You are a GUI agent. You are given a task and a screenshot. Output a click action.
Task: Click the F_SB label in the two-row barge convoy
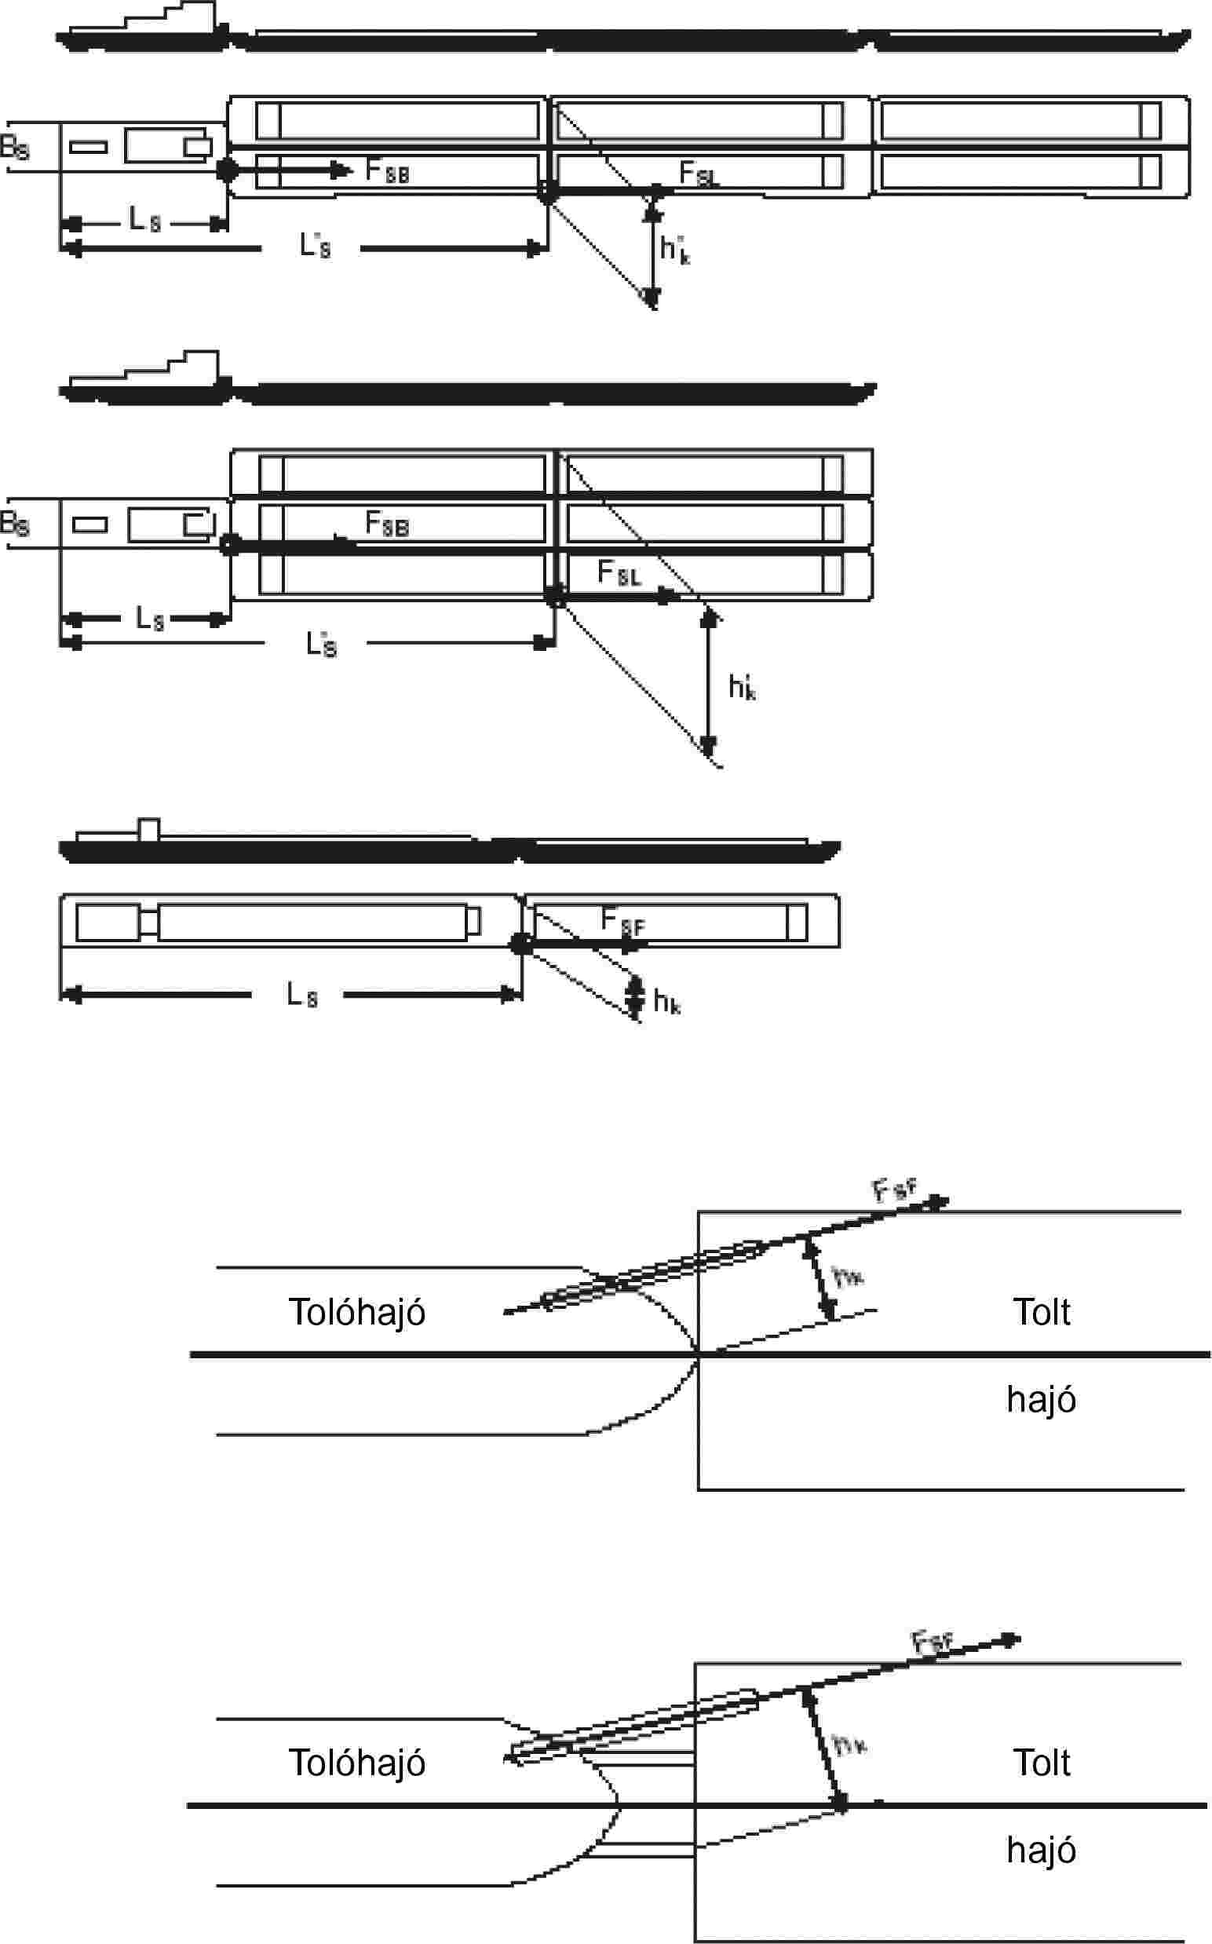point(387,170)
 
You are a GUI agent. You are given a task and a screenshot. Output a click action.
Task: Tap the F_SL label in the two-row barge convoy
point(698,174)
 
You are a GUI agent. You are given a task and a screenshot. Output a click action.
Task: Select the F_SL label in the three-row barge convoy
point(619,573)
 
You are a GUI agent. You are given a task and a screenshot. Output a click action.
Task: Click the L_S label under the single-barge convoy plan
point(302,996)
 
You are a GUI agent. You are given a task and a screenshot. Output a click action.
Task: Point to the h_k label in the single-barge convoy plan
point(667,1000)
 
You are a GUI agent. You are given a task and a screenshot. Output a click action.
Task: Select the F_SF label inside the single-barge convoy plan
point(622,921)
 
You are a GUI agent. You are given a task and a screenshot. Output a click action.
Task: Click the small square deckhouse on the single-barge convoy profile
point(149,829)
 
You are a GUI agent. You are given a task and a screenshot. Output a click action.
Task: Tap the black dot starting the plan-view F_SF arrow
point(521,945)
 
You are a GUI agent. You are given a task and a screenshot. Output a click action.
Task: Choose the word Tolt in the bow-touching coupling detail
point(1041,1312)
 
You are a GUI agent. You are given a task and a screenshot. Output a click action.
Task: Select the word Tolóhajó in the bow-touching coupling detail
point(356,1312)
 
